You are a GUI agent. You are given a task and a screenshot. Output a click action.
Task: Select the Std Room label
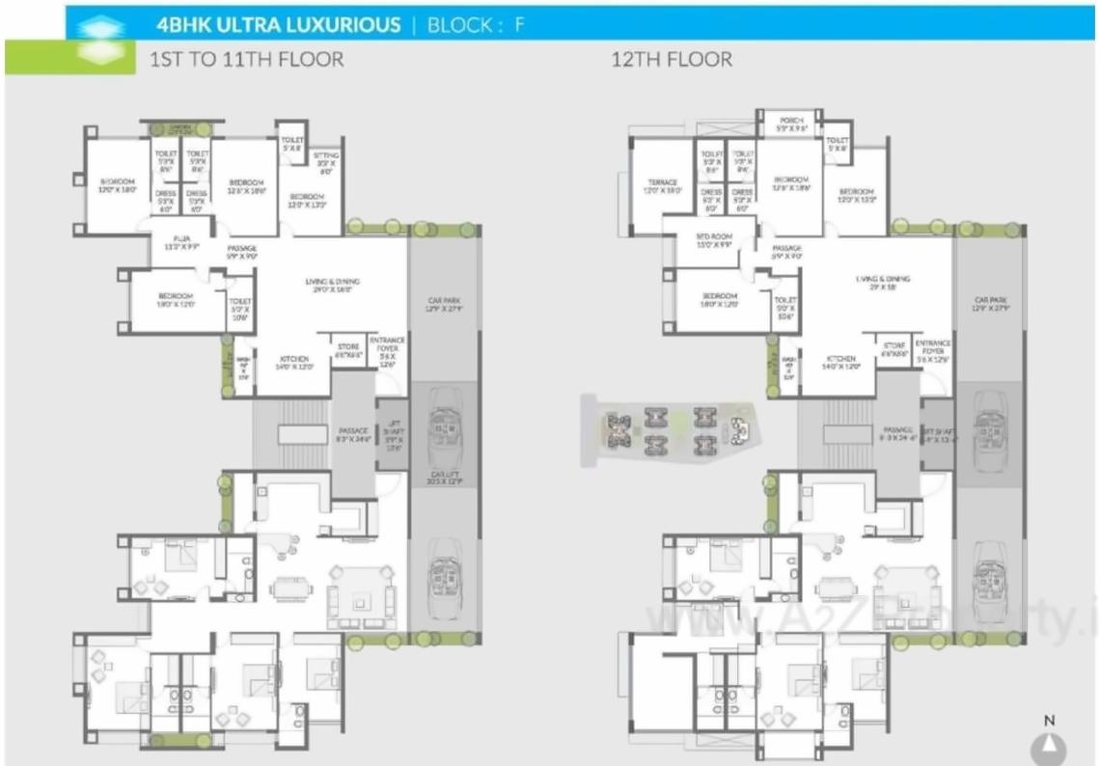[715, 239]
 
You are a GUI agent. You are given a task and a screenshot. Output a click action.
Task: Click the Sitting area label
[325, 158]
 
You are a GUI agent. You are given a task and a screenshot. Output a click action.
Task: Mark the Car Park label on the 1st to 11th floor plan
[445, 305]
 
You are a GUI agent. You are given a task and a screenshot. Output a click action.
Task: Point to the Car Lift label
[445, 476]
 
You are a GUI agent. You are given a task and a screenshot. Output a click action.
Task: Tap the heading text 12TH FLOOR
[672, 59]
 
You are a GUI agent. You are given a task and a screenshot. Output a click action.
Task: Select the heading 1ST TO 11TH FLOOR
[246, 59]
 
